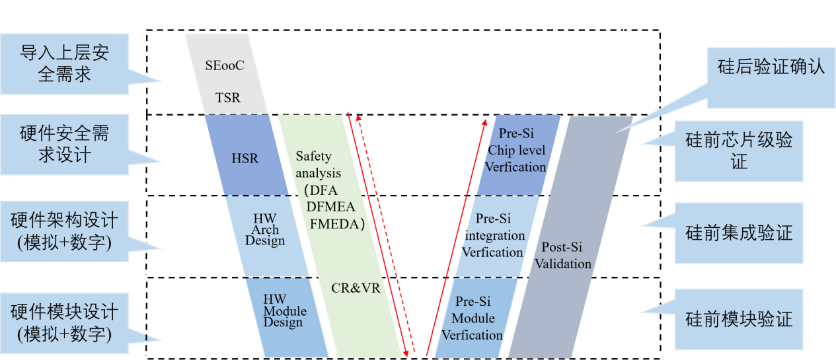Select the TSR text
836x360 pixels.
pyautogui.click(x=228, y=98)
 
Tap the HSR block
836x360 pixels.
pyautogui.click(x=245, y=159)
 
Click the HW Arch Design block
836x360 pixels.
pyautogui.click(x=264, y=229)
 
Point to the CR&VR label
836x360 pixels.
pyautogui.click(x=356, y=289)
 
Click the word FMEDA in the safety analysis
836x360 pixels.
pyautogui.click(x=338, y=223)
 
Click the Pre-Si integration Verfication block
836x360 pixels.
pyautogui.click(x=494, y=236)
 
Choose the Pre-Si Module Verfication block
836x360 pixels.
pyautogui.click(x=473, y=318)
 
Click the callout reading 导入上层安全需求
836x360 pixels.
pyautogui.click(x=64, y=63)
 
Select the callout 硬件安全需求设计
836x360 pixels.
pyautogui.click(x=64, y=144)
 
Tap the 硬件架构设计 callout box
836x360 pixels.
pyautogui.click(x=64, y=231)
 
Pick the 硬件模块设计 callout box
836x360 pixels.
pyautogui.click(x=64, y=322)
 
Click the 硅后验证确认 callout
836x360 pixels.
pyautogui.click(x=771, y=67)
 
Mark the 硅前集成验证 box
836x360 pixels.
pyautogui.click(x=738, y=233)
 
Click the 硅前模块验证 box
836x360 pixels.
pyautogui.click(x=738, y=320)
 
